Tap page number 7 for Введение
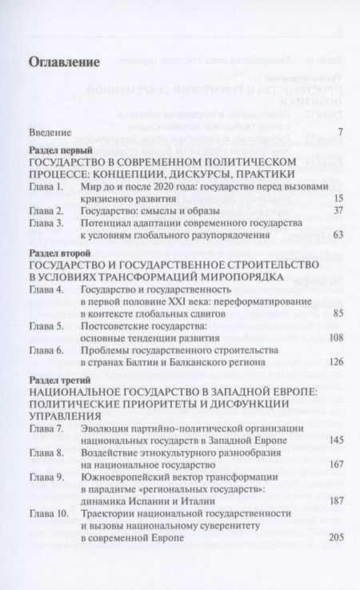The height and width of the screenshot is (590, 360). coord(340,131)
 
